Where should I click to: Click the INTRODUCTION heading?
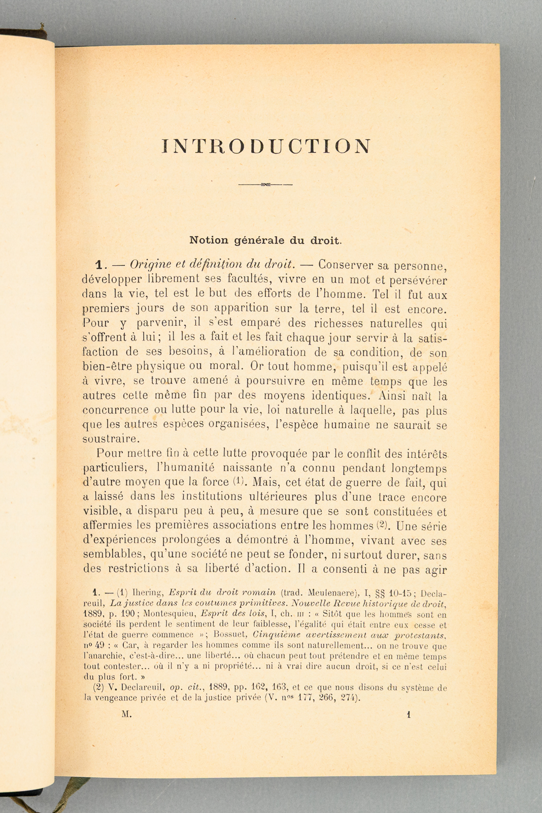[266, 146]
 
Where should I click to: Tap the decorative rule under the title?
[265, 184]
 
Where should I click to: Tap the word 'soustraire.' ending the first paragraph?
[109, 438]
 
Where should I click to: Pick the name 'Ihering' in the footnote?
[147, 592]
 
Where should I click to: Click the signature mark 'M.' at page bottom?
[127, 714]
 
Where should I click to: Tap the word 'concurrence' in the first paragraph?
[115, 410]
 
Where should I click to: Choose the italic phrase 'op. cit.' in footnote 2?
[184, 688]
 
